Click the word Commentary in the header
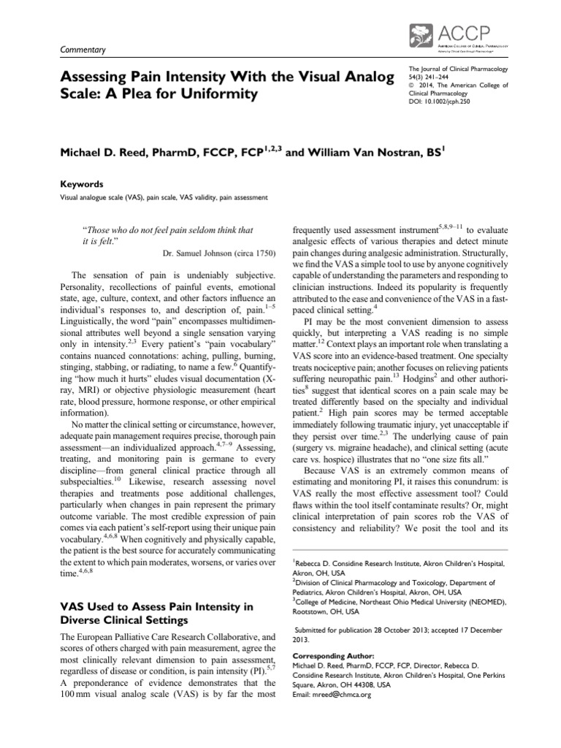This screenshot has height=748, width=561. [x=81, y=50]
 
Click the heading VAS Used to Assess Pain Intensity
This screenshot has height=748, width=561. [x=156, y=606]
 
